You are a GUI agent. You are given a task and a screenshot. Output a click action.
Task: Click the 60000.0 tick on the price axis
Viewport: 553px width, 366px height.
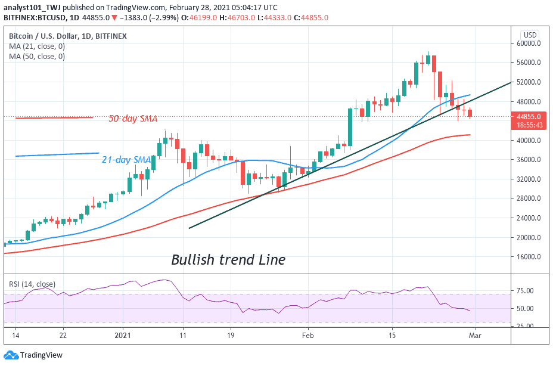(529, 43)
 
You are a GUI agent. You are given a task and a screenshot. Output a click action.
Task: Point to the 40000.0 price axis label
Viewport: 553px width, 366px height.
(529, 141)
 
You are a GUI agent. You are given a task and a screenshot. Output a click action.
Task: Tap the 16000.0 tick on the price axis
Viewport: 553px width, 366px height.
(529, 257)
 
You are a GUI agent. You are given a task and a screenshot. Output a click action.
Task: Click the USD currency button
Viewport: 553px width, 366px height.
(529, 35)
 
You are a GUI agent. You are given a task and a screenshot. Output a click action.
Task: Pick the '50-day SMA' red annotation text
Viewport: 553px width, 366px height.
(132, 119)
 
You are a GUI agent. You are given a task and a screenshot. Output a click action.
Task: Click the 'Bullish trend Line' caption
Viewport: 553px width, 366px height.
(228, 260)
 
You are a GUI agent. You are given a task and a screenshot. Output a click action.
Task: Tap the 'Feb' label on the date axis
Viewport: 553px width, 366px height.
(308, 335)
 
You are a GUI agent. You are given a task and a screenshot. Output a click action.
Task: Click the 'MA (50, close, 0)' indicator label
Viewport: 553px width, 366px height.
(36, 57)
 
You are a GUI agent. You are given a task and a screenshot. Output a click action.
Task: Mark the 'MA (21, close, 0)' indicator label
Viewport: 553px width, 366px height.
(36, 46)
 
